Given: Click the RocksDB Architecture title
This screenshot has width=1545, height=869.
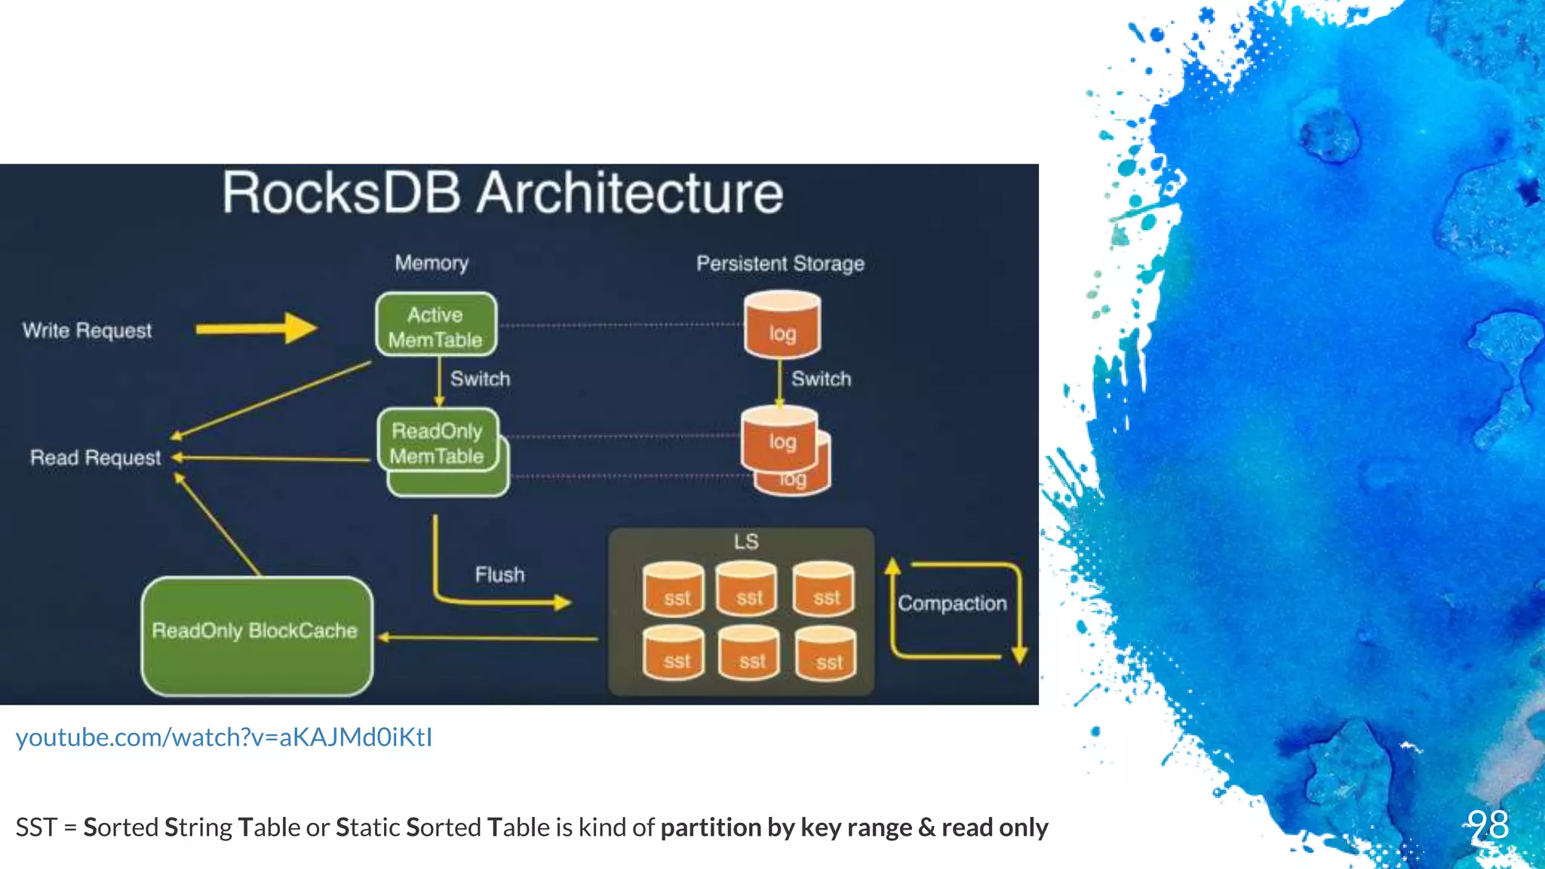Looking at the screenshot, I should coord(502,193).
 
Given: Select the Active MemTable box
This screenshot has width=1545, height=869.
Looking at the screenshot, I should coord(436,325).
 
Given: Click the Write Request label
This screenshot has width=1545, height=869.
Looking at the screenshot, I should coord(87,330).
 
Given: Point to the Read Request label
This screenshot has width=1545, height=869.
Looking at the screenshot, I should coord(95,458).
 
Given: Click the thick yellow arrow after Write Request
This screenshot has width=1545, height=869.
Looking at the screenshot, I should coord(256,328).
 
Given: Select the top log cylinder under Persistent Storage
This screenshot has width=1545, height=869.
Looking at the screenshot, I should coord(782,326).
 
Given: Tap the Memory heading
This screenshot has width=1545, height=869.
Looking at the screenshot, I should coord(432,263).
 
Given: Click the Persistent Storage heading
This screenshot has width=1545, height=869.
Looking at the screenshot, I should coord(780,264).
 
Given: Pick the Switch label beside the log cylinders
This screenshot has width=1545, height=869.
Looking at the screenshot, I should coord(821,379).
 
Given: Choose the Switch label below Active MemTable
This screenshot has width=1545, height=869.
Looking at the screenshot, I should coord(480,379).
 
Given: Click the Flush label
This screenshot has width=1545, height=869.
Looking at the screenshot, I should coord(499,575).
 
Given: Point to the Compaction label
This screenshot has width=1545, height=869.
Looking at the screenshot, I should coord(952,603).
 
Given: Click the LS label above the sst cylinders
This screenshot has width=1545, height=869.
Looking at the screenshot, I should coord(745,542).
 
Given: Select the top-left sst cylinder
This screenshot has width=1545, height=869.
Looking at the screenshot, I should coord(674,590).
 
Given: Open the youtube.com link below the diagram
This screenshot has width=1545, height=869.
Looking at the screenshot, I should coord(224,737).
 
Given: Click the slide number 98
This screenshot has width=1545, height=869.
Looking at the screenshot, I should coord(1488,824).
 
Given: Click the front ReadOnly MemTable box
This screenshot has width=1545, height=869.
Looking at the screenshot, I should coord(438,441).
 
